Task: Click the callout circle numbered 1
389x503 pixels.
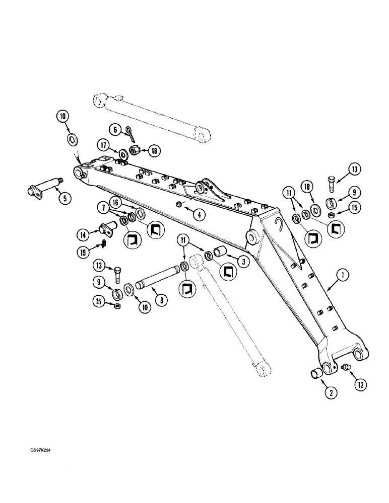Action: coord(343,276)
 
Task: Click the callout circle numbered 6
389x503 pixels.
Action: coord(115,130)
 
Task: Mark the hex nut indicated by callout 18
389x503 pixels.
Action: coord(135,150)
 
